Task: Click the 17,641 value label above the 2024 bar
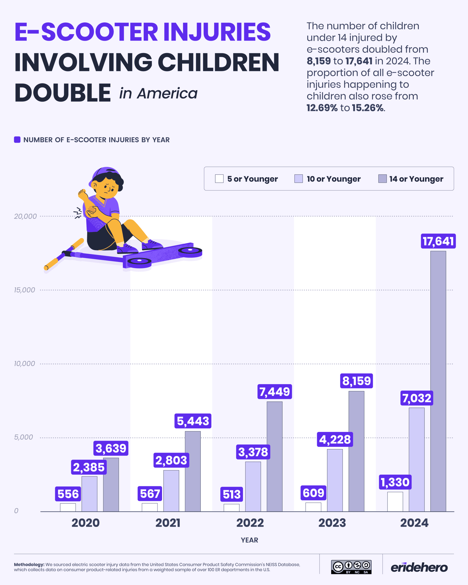point(438,241)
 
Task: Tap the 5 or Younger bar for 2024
point(395,501)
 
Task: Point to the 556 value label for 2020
point(68,494)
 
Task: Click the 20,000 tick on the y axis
point(25,216)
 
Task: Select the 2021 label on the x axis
point(168,523)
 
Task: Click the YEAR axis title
point(249,540)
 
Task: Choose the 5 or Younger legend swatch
point(219,178)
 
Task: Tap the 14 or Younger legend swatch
point(382,178)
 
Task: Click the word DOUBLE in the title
point(62,93)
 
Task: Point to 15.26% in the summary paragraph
point(368,108)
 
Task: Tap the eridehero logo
point(419,567)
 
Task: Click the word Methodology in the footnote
point(29,564)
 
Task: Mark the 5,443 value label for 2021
point(193,421)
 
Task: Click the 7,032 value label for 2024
point(416,398)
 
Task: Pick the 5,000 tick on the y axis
point(23,437)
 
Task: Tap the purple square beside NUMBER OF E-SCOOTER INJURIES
point(17,140)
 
